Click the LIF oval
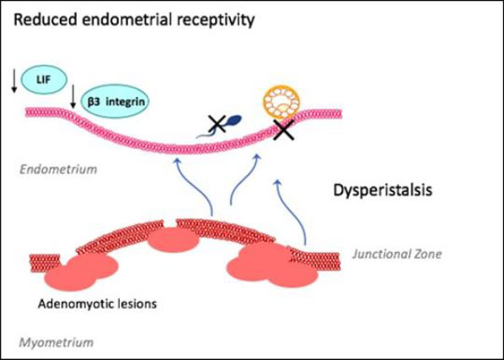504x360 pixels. tap(44, 79)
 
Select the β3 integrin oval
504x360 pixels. tap(115, 102)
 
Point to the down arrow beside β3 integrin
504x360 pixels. tap(73, 96)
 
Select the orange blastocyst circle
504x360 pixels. tap(281, 103)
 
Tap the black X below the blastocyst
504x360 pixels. tap(283, 130)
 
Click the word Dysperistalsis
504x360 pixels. tap(383, 191)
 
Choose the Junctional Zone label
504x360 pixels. tap(397, 255)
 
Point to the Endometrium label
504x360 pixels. tap(58, 169)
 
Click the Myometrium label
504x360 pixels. tap(56, 342)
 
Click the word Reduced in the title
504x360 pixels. tap(46, 20)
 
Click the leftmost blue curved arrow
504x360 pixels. tap(195, 185)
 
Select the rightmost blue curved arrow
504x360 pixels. tap(291, 212)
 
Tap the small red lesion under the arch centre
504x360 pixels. tap(174, 239)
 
